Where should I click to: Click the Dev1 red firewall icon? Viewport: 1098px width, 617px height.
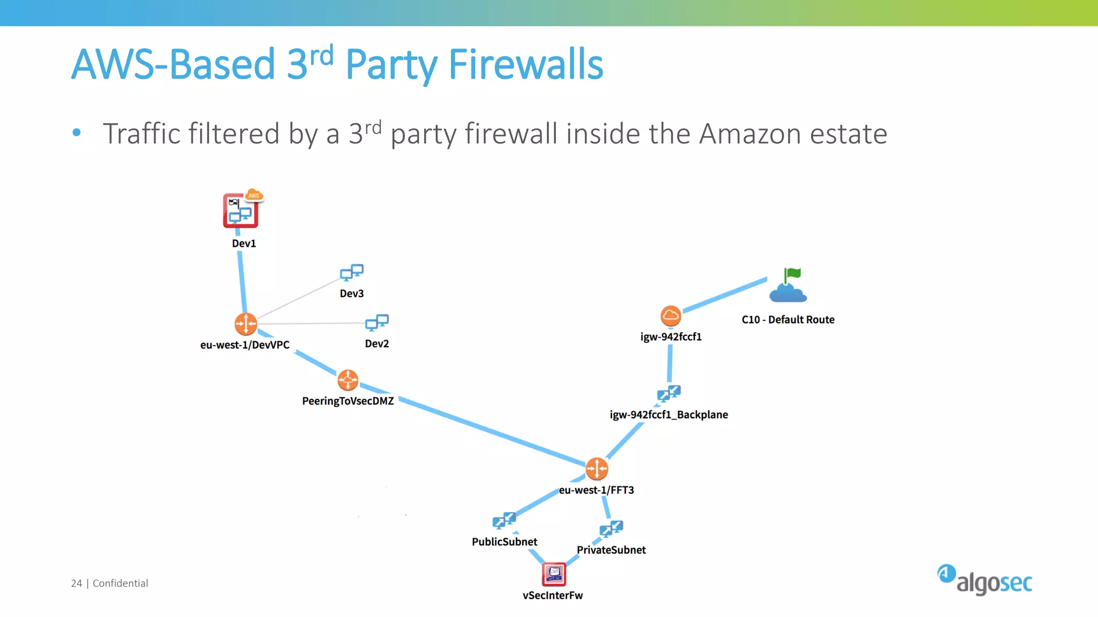pyautogui.click(x=241, y=211)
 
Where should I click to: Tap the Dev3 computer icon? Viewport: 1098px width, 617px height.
pyautogui.click(x=352, y=273)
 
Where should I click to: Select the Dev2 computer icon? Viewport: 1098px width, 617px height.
pyautogui.click(x=377, y=322)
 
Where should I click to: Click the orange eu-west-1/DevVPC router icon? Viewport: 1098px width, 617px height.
pyautogui.click(x=246, y=324)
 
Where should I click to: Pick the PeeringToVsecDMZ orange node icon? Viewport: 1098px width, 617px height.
pyautogui.click(x=348, y=380)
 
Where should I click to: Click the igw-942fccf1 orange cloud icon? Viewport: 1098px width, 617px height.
pyautogui.click(x=671, y=316)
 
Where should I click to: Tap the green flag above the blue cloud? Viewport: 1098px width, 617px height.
pyautogui.click(x=792, y=275)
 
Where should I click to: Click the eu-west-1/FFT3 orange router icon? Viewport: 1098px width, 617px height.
pyautogui.click(x=597, y=469)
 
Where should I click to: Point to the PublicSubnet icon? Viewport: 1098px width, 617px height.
pyautogui.click(x=504, y=521)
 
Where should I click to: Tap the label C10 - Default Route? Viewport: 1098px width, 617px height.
pyautogui.click(x=788, y=320)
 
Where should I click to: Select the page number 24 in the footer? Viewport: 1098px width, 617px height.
pyautogui.click(x=76, y=583)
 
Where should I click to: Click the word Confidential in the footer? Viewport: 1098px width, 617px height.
pyautogui.click(x=120, y=583)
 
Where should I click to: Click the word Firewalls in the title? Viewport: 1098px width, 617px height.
pyautogui.click(x=525, y=64)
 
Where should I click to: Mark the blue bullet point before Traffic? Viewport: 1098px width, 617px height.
pyautogui.click(x=77, y=132)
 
